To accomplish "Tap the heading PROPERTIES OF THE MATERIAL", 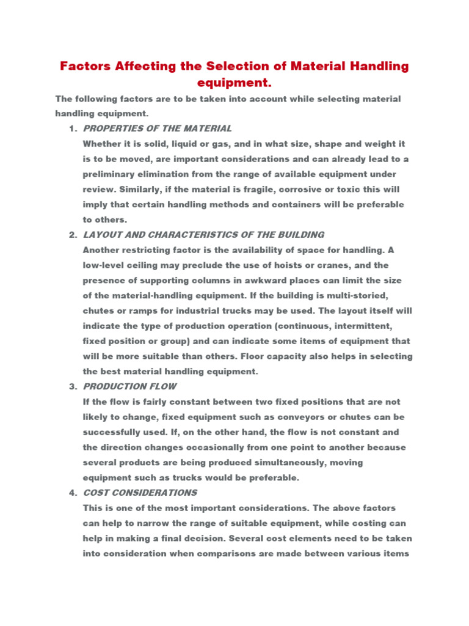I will point(158,128).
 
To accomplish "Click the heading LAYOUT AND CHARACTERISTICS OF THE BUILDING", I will point(203,235).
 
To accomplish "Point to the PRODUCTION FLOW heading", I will point(129,386).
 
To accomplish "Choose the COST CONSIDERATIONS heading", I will point(140,493).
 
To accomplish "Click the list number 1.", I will point(73,128).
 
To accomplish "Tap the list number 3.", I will point(73,386).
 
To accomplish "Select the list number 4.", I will point(73,493).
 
